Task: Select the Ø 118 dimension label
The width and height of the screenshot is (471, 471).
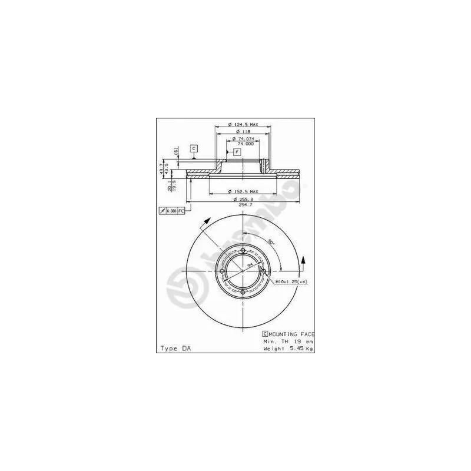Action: click(242, 132)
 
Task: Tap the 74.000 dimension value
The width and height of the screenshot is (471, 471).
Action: click(244, 144)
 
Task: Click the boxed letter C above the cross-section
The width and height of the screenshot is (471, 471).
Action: click(193, 148)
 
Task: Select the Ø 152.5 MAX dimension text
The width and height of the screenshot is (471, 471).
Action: click(243, 191)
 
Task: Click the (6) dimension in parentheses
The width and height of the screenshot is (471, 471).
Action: click(175, 151)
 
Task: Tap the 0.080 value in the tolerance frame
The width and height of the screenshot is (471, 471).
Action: click(171, 211)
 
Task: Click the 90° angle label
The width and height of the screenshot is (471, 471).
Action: click(271, 241)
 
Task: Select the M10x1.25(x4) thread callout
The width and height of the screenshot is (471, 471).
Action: click(291, 282)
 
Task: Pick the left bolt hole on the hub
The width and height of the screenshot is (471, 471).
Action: click(221, 271)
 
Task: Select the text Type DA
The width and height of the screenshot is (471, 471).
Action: click(175, 349)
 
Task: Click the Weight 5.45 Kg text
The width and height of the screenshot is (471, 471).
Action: click(288, 349)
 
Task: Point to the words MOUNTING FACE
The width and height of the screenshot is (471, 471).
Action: click(291, 334)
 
